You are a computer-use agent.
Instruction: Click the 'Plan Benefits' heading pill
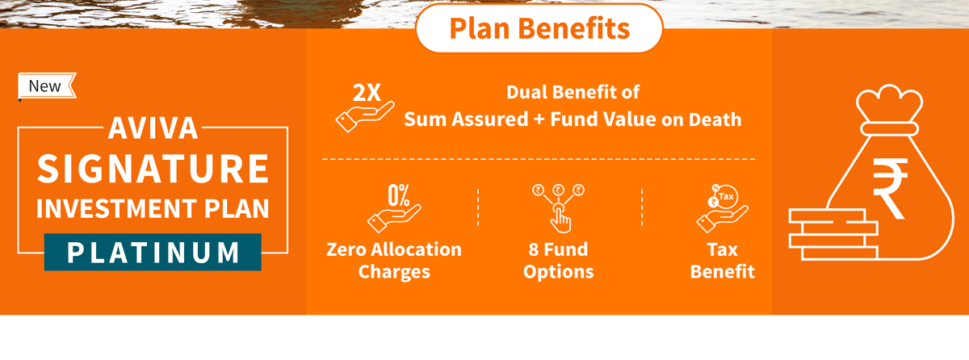tap(539, 28)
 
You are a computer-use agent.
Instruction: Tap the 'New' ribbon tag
tap(47, 86)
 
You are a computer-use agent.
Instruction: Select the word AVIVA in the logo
tap(153, 128)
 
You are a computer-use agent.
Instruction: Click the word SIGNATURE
tap(153, 169)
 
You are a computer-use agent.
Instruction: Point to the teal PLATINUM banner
tap(153, 252)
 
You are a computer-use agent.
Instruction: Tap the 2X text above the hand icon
tap(367, 93)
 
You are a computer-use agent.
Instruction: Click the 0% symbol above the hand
tap(398, 195)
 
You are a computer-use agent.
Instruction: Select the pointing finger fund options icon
tap(559, 208)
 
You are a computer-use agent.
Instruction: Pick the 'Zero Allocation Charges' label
tap(394, 261)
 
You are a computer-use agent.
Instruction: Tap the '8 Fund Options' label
tap(559, 261)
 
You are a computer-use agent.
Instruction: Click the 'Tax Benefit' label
tap(723, 261)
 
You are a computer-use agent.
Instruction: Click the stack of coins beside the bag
tap(833, 234)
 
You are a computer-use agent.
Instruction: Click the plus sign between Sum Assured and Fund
tap(539, 120)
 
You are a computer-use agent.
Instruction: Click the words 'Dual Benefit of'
tap(573, 92)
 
